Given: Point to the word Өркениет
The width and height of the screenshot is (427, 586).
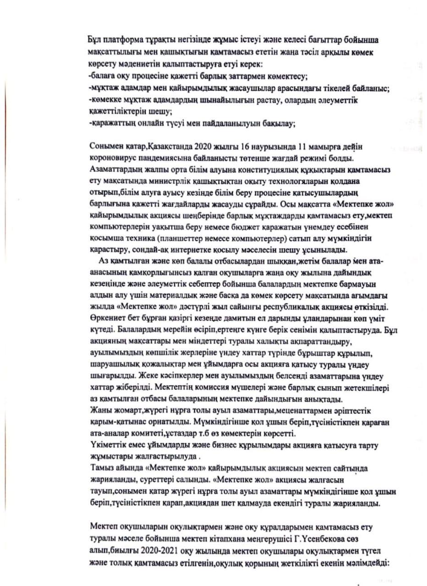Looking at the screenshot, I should coord(104,317).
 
